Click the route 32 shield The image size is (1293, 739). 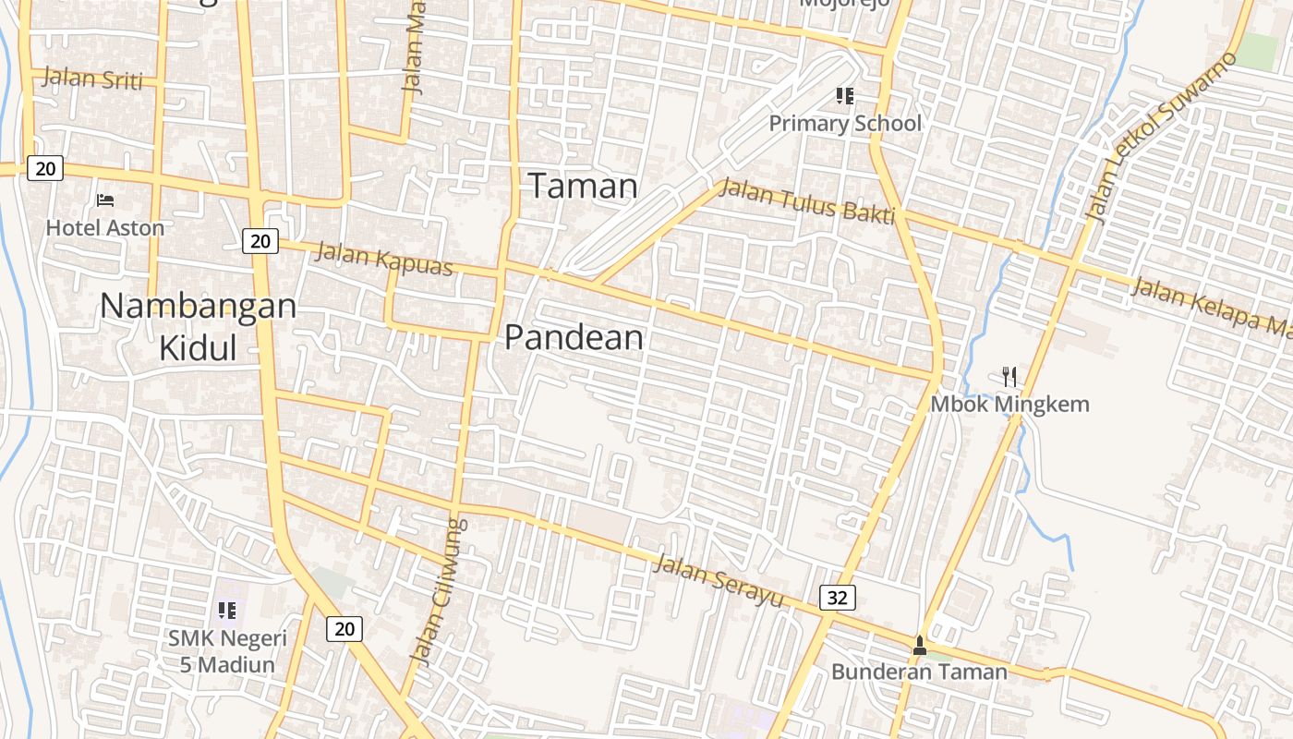pos(837,598)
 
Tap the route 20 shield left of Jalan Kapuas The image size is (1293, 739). pos(260,241)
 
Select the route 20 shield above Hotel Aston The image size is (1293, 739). pos(44,167)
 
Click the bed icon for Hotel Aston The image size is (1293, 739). pos(105,200)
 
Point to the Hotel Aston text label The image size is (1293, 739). pos(105,227)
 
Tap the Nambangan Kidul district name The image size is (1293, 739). pos(198,326)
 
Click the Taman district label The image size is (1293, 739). pos(583,187)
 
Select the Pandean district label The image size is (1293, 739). pos(574,338)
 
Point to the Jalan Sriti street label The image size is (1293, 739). pos(92,79)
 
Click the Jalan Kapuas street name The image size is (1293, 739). pos(384,259)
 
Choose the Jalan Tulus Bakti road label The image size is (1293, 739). pos(806,201)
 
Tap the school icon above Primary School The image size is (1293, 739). pos(844,95)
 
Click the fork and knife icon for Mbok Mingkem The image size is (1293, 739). pos(1009,376)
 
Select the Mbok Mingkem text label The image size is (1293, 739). pos(1009,404)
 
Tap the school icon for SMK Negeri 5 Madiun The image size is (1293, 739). pos(227,610)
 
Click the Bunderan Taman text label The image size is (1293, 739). pos(919,672)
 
